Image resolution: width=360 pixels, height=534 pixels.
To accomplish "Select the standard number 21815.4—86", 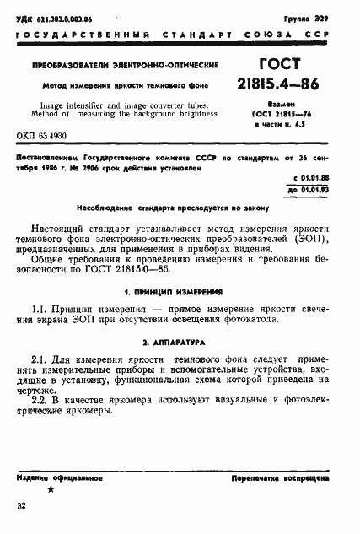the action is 284,85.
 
